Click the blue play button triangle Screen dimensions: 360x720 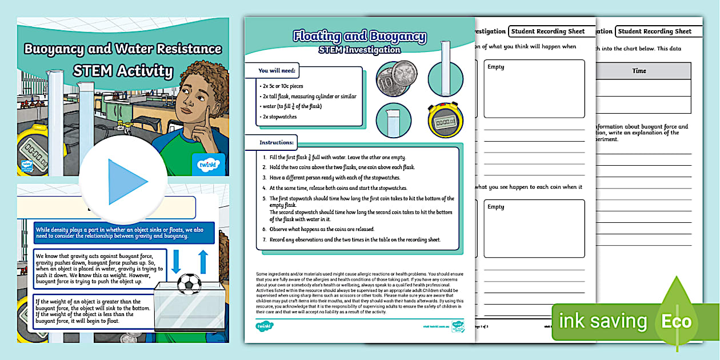(x=127, y=182)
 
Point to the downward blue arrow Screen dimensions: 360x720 (x=177, y=261)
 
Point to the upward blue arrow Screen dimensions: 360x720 (x=203, y=261)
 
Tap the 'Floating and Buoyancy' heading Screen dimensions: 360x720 (x=359, y=37)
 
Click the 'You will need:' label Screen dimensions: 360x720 (x=277, y=71)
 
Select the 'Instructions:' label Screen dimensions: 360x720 (x=277, y=142)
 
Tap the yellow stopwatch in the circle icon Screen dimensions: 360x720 (x=446, y=121)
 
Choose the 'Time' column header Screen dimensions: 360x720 (x=639, y=71)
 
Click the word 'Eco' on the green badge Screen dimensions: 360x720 (x=676, y=321)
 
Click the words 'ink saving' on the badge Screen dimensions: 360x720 (x=602, y=321)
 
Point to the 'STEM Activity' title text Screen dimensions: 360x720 (x=123, y=71)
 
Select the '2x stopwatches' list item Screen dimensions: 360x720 (x=278, y=116)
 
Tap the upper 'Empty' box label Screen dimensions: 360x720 (x=496, y=67)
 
